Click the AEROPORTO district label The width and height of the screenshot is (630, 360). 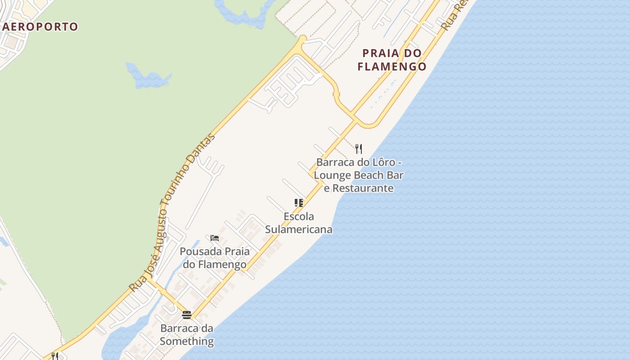[40, 27]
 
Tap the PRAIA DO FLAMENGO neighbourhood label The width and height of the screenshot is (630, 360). [392, 60]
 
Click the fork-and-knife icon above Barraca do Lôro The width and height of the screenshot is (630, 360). [359, 148]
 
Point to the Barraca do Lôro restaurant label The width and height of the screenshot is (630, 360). [359, 175]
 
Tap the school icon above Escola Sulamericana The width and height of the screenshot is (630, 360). [299, 203]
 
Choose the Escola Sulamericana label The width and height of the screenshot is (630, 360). [299, 223]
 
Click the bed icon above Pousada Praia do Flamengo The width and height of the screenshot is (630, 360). [215, 238]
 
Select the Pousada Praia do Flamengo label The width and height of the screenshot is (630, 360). [215, 258]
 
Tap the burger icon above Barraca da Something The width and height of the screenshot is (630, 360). [187, 315]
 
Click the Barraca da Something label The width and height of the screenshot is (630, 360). [187, 335]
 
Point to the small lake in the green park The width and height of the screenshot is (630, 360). [148, 76]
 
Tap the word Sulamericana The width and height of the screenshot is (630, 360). [299, 229]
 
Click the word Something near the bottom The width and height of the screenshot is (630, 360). [187, 341]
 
